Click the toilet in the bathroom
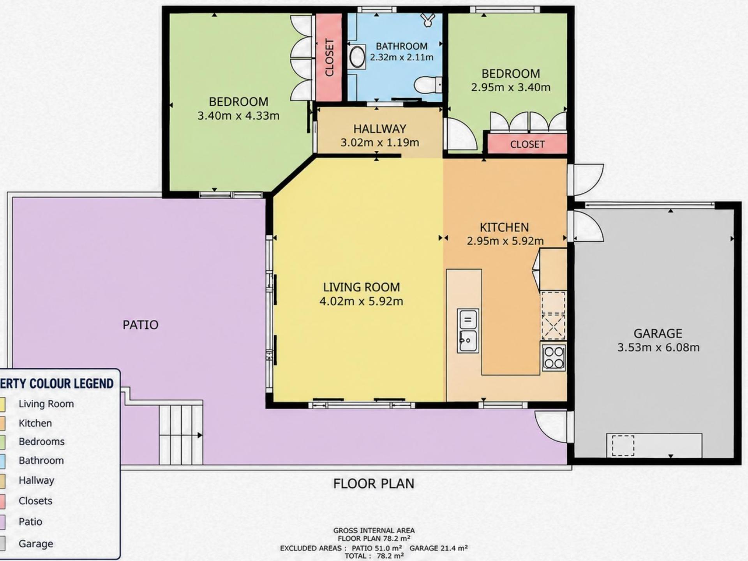428,85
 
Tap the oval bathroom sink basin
357,57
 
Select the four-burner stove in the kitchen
554,357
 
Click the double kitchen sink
467,331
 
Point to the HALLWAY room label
379,129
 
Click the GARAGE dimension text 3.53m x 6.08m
658,347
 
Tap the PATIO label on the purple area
140,325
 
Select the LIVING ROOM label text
362,287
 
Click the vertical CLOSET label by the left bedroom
330,58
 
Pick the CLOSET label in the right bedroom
527,145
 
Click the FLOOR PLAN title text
374,483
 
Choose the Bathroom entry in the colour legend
41,460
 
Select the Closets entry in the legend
35,501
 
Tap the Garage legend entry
36,543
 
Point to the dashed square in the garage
623,445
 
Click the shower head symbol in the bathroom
428,20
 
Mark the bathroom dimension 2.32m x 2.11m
402,57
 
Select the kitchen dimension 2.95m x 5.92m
505,241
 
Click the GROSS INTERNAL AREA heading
374,530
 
